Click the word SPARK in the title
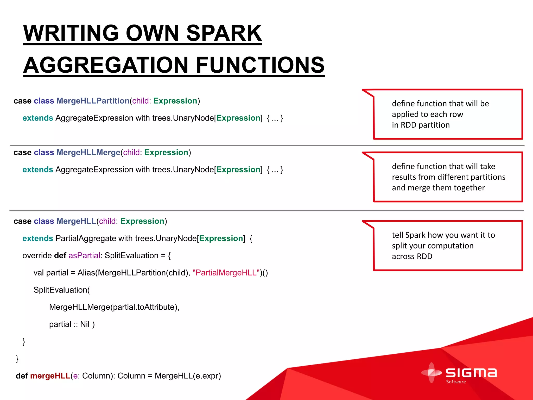pyautogui.click(x=224, y=33)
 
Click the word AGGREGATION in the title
pyautogui.click(x=106, y=65)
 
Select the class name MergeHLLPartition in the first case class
pyautogui.click(x=93, y=101)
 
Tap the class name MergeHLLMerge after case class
pyautogui.click(x=88, y=152)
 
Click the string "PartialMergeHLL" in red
pyautogui.click(x=226, y=273)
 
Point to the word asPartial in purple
pyautogui.click(x=84, y=255)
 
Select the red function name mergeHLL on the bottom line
pyautogui.click(x=50, y=376)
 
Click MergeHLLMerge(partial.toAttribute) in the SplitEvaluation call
pyautogui.click(x=114, y=307)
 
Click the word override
pyautogui.click(x=37, y=255)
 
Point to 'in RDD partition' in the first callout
pyautogui.click(x=421, y=125)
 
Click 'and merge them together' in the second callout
pyautogui.click(x=438, y=188)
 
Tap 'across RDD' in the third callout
pyautogui.click(x=412, y=257)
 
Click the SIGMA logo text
pyautogui.click(x=471, y=373)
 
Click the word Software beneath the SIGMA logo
pyautogui.click(x=456, y=382)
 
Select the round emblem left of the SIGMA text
pyautogui.click(x=431, y=373)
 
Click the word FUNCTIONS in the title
pyautogui.click(x=260, y=65)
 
